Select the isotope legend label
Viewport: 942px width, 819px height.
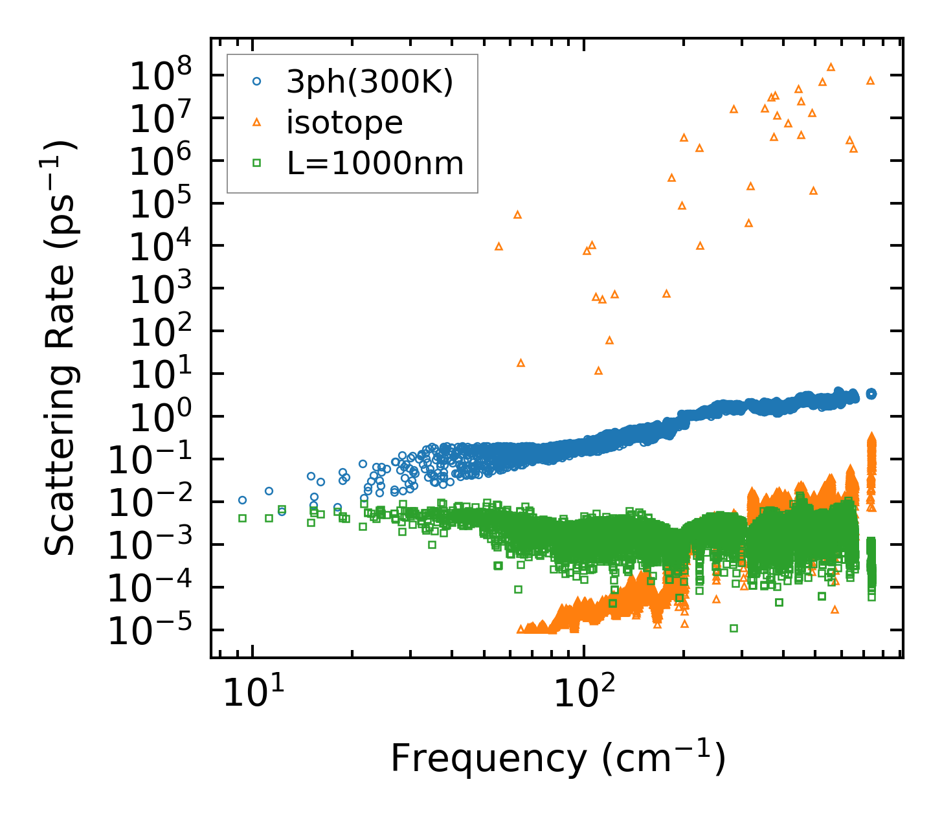[x=344, y=122]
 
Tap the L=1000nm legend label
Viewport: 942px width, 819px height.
[x=376, y=164]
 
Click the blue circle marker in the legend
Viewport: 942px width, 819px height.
[x=257, y=82]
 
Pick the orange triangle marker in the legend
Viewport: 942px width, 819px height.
[x=257, y=122]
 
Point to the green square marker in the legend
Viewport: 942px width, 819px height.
[x=257, y=164]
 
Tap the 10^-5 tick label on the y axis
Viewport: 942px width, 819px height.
[x=155, y=631]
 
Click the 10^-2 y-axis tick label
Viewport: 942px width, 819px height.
[x=155, y=503]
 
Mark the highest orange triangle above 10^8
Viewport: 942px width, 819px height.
[x=831, y=67]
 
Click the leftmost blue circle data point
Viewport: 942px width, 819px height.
[x=242, y=500]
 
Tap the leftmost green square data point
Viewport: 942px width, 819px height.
[x=242, y=518]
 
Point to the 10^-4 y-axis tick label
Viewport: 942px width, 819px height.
[x=155, y=589]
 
